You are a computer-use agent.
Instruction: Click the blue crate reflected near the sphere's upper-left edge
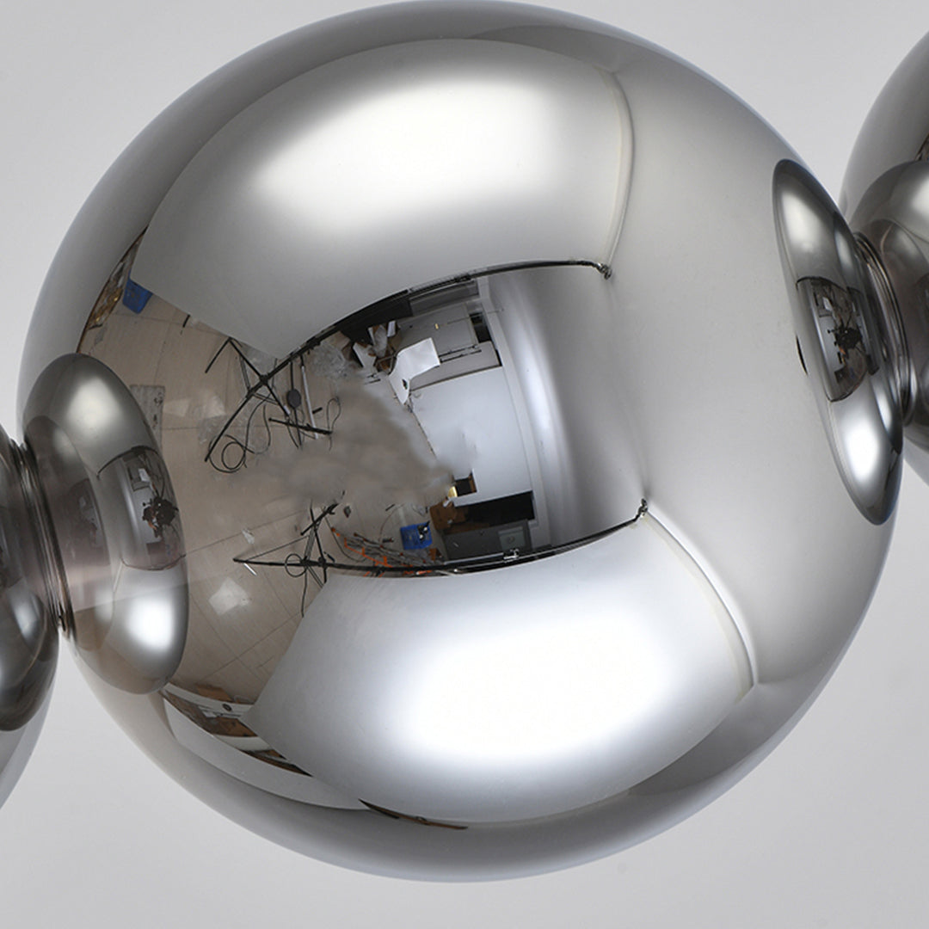point(136,296)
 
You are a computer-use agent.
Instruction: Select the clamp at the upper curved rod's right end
point(605,270)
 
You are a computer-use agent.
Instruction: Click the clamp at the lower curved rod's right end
point(640,510)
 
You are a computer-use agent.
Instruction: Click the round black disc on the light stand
point(294,397)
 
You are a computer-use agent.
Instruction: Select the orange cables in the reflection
point(366,546)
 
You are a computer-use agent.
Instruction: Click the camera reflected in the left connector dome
point(160,513)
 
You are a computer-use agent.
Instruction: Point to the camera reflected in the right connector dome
point(847,337)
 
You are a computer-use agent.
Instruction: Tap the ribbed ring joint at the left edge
point(34,533)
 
